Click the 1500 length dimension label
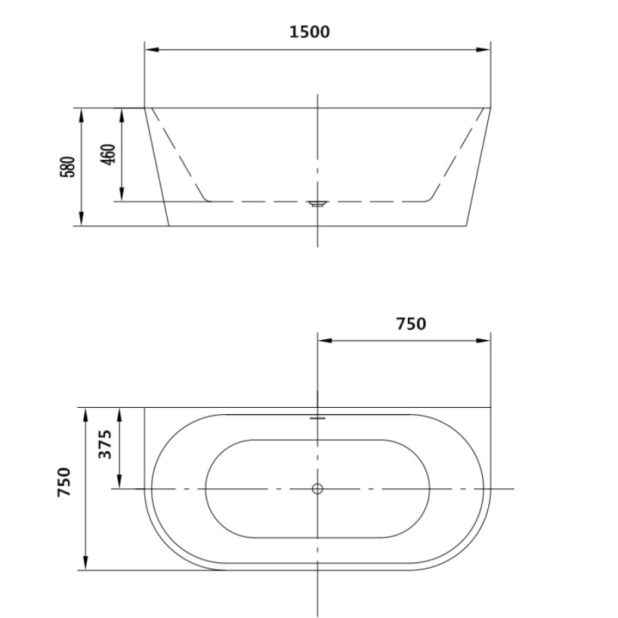point(310,32)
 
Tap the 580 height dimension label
point(67,167)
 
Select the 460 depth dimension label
point(108,154)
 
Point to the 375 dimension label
point(105,444)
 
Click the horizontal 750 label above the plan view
point(411,323)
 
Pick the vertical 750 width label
point(65,481)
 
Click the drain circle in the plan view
point(317,489)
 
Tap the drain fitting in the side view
point(318,203)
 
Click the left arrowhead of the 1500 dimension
point(151,49)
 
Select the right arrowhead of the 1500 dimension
point(483,49)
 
